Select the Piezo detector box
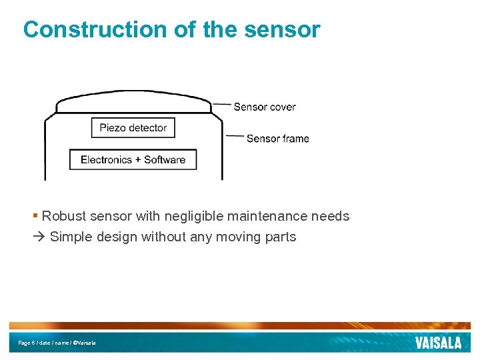[133, 128]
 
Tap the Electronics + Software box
[133, 159]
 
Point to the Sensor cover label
[265, 107]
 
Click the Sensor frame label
[277, 139]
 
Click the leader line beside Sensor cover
[222, 105]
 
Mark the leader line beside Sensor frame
[235, 137]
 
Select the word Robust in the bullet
[64, 216]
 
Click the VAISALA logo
[438, 343]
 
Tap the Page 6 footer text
[27, 343]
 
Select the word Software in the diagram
[165, 159]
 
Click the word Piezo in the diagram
[113, 128]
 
